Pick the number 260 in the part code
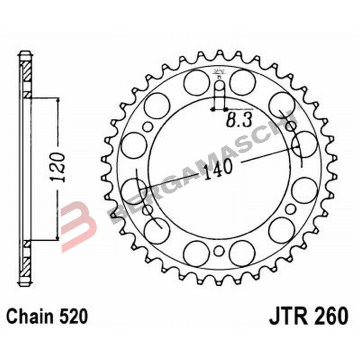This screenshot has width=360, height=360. tap(331, 316)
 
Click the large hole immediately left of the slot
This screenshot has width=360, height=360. tap(196, 83)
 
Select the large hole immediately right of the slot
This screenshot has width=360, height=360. tap(243, 83)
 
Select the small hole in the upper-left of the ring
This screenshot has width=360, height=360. tap(148, 126)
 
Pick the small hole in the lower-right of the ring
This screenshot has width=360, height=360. tap(291, 208)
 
